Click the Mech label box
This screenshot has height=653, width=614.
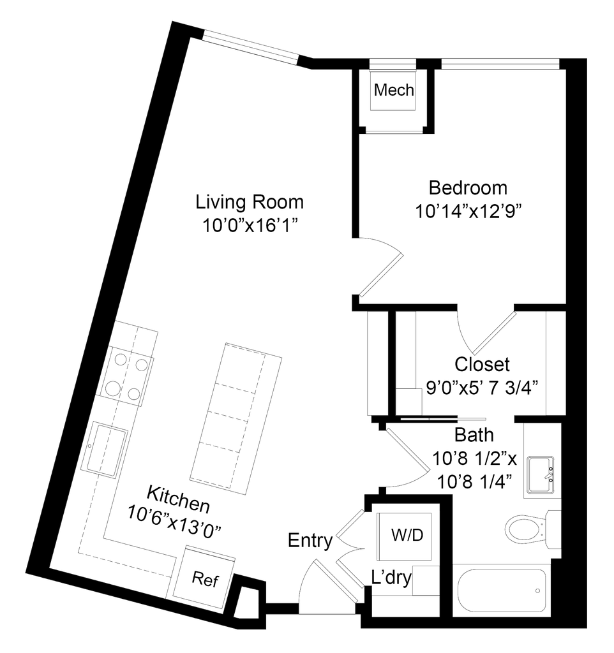tap(396, 92)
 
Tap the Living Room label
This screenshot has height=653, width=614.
tap(250, 202)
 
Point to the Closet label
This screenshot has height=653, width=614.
tap(481, 365)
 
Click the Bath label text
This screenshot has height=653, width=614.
tap(475, 436)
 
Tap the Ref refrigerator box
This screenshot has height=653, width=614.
tap(205, 580)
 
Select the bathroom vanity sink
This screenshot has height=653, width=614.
tap(541, 475)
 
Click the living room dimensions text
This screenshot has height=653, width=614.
tap(250, 224)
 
